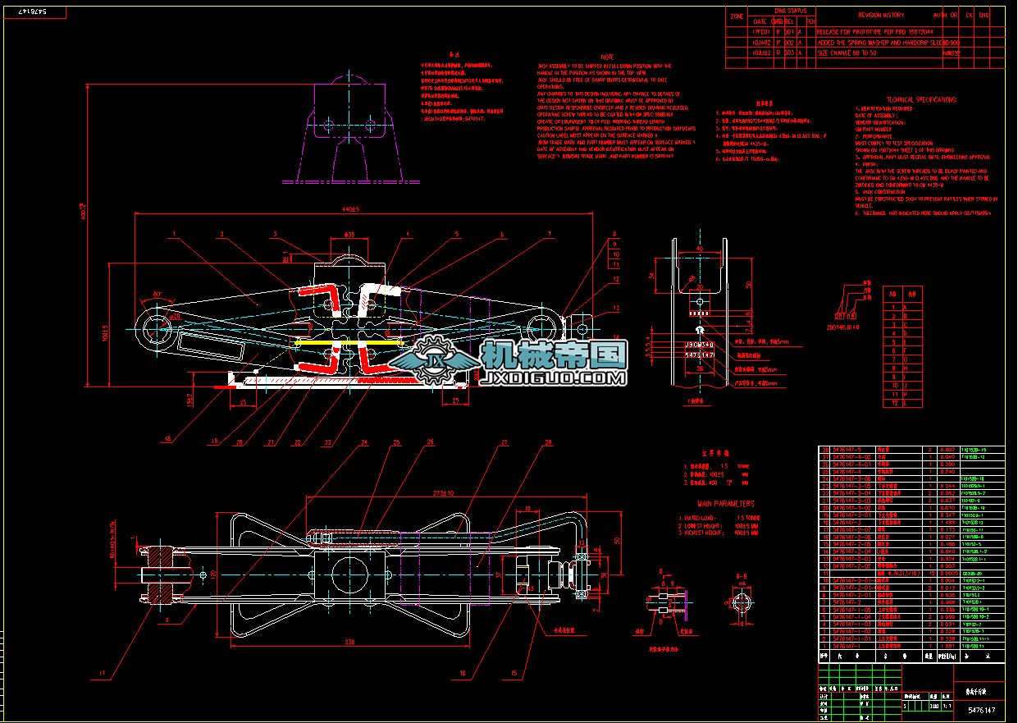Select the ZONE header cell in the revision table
(736, 15)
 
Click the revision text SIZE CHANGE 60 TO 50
(847, 53)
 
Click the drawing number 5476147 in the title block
(981, 710)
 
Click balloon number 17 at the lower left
(103, 674)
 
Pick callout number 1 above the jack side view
(175, 234)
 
